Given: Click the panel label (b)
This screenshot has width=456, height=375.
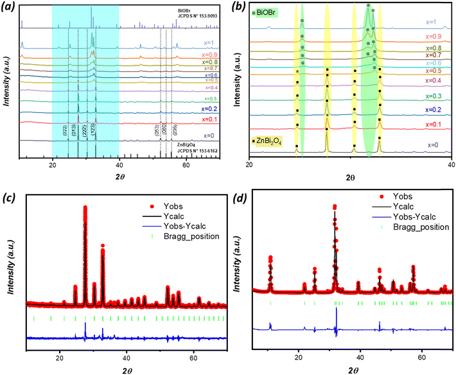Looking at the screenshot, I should click(238, 10).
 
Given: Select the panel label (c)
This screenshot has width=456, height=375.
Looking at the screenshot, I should click(10, 196).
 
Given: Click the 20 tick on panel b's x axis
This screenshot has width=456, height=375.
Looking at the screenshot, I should click(249, 164).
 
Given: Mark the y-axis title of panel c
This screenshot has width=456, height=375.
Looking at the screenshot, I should click(12, 270).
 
